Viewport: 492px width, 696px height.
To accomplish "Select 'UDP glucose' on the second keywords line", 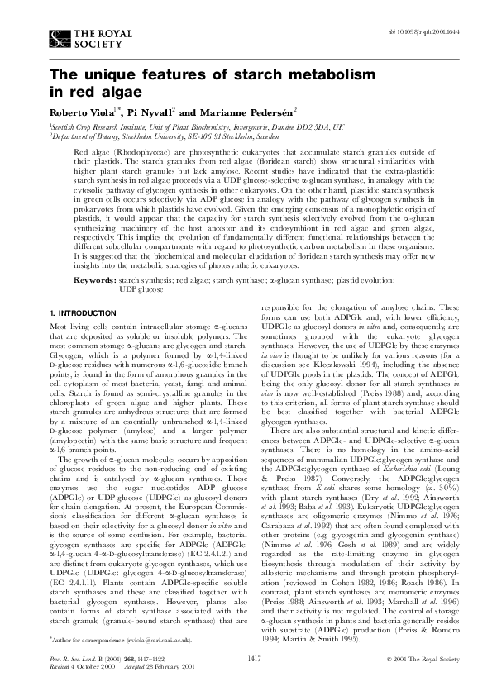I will coord(141,289).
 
